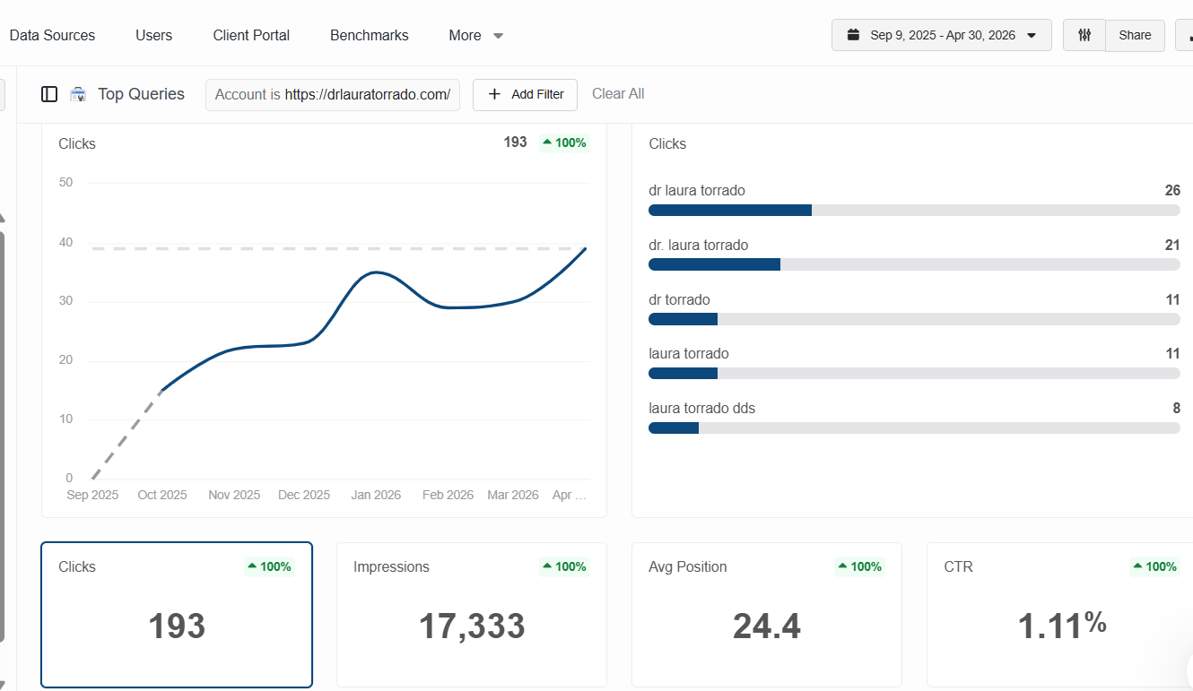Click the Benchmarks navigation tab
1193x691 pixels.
(x=369, y=35)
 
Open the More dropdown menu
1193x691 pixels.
(x=475, y=35)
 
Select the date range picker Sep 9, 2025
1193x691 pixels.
(x=941, y=35)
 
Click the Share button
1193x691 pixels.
(x=1135, y=35)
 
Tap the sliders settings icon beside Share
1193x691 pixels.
(x=1084, y=35)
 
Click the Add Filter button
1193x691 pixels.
(x=525, y=95)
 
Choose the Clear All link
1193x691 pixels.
(x=618, y=93)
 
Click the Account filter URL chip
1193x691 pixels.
(x=333, y=95)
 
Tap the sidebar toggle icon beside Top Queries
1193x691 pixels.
(x=49, y=94)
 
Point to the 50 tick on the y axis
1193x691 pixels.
(x=65, y=183)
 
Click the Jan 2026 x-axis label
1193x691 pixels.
(x=376, y=495)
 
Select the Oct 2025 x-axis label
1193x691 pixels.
(x=161, y=495)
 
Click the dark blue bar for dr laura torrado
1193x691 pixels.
(x=730, y=210)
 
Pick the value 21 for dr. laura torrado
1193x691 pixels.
(x=1172, y=245)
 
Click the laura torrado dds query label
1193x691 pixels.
(x=701, y=408)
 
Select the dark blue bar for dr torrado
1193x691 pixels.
(x=683, y=319)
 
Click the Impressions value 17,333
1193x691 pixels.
(x=472, y=626)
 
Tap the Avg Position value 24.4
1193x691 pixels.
(x=766, y=626)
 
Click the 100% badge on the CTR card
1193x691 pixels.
(x=1154, y=566)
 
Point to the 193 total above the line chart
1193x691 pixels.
(x=515, y=142)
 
